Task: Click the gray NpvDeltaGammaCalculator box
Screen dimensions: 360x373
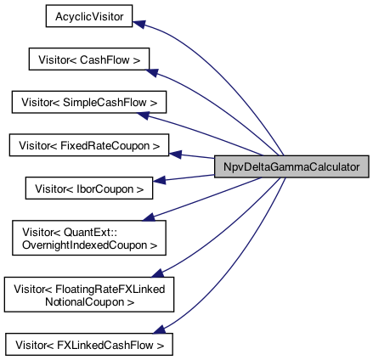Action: point(291,166)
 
